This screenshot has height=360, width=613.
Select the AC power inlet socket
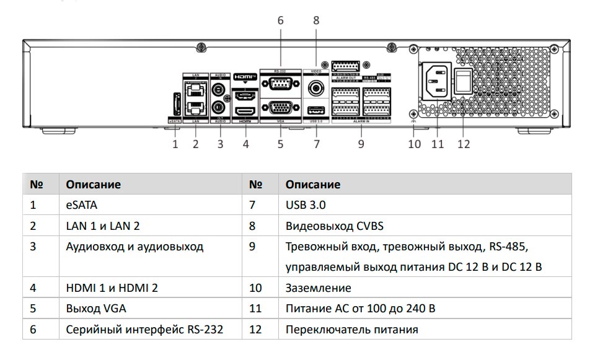click(436, 81)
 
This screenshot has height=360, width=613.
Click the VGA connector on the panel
click(280, 107)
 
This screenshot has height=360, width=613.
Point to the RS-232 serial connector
click(280, 87)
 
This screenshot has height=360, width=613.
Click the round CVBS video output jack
click(316, 88)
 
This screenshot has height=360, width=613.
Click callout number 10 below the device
click(414, 144)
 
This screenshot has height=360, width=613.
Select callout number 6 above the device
click(280, 20)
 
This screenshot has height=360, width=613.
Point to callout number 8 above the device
click(316, 20)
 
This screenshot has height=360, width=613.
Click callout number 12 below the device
click(464, 144)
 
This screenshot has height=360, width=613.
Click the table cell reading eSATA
click(82, 205)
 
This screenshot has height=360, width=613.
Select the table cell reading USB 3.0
click(306, 205)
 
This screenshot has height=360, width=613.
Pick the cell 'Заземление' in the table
click(318, 288)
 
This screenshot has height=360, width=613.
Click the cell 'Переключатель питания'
click(351, 330)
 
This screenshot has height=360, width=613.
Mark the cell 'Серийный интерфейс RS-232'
click(144, 330)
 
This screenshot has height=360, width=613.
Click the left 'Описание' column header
click(94, 185)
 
